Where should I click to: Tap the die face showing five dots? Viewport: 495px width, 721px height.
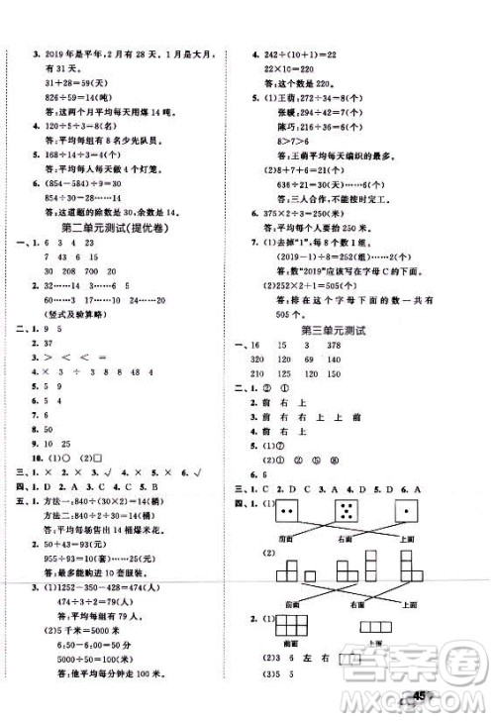point(349,512)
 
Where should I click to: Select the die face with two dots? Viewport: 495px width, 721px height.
point(286,512)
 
